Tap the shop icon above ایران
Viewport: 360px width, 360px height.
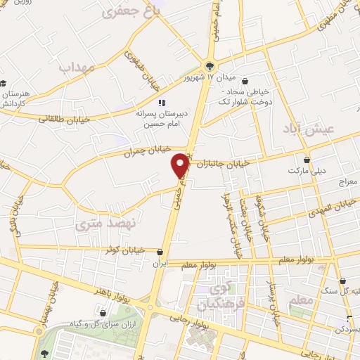(x=162, y=251)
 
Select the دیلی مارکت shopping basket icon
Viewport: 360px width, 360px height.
(x=306, y=159)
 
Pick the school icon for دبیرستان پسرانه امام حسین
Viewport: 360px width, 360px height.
(x=162, y=103)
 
